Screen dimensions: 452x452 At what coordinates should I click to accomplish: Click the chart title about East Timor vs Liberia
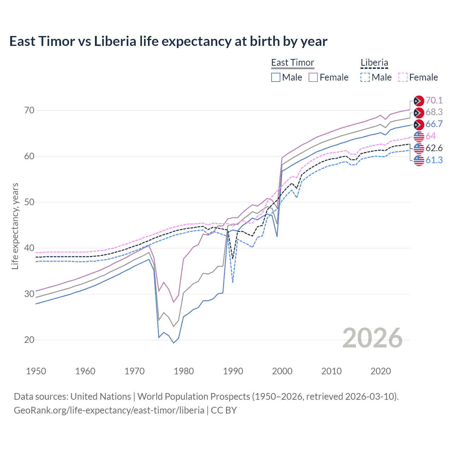tap(168, 41)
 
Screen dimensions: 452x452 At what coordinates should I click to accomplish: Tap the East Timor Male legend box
tap(276, 77)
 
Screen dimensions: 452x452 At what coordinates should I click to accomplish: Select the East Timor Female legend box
tap(313, 77)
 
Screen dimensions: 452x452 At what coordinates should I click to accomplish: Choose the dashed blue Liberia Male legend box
tap(365, 77)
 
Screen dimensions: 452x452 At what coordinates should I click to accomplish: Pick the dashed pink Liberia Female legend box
tap(403, 77)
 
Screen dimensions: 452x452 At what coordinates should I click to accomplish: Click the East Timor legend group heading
tap(292, 63)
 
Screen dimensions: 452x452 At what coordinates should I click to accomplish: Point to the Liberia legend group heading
tap(374, 63)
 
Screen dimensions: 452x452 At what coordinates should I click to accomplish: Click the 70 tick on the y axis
tap(29, 111)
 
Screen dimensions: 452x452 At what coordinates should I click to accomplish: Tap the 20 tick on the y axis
tap(29, 340)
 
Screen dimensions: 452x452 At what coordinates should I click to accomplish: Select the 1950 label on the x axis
tap(36, 371)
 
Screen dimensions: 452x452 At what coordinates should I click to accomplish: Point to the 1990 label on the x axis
tap(233, 371)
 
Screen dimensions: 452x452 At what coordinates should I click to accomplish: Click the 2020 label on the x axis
tap(381, 371)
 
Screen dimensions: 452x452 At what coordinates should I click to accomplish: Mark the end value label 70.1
tap(434, 101)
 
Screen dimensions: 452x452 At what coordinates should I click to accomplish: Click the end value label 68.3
tap(434, 112)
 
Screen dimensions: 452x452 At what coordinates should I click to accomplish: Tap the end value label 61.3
tap(434, 160)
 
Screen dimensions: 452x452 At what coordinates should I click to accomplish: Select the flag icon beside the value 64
tap(419, 136)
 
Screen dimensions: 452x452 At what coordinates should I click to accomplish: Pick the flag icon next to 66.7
tap(419, 124)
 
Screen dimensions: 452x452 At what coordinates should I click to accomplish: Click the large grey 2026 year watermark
tap(372, 338)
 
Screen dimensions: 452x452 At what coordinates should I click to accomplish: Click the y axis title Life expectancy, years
tap(15, 226)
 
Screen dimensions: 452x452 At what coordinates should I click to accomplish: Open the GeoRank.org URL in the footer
tap(109, 410)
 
